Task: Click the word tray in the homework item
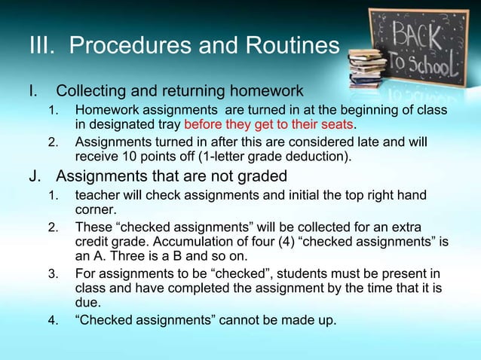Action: coord(167,124)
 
